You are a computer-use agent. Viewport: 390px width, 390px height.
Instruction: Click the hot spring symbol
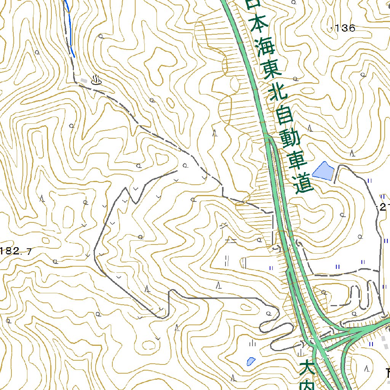[96, 80]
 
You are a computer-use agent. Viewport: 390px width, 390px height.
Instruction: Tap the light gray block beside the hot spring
[84, 80]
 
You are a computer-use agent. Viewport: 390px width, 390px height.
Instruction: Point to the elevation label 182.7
[16, 251]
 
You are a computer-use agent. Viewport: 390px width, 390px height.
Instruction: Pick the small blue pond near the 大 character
[251, 361]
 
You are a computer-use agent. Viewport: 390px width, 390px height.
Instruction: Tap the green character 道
[304, 185]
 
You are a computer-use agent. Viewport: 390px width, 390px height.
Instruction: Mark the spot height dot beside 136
[332, 28]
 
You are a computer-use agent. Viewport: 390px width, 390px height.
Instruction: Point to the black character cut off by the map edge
[387, 371]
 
